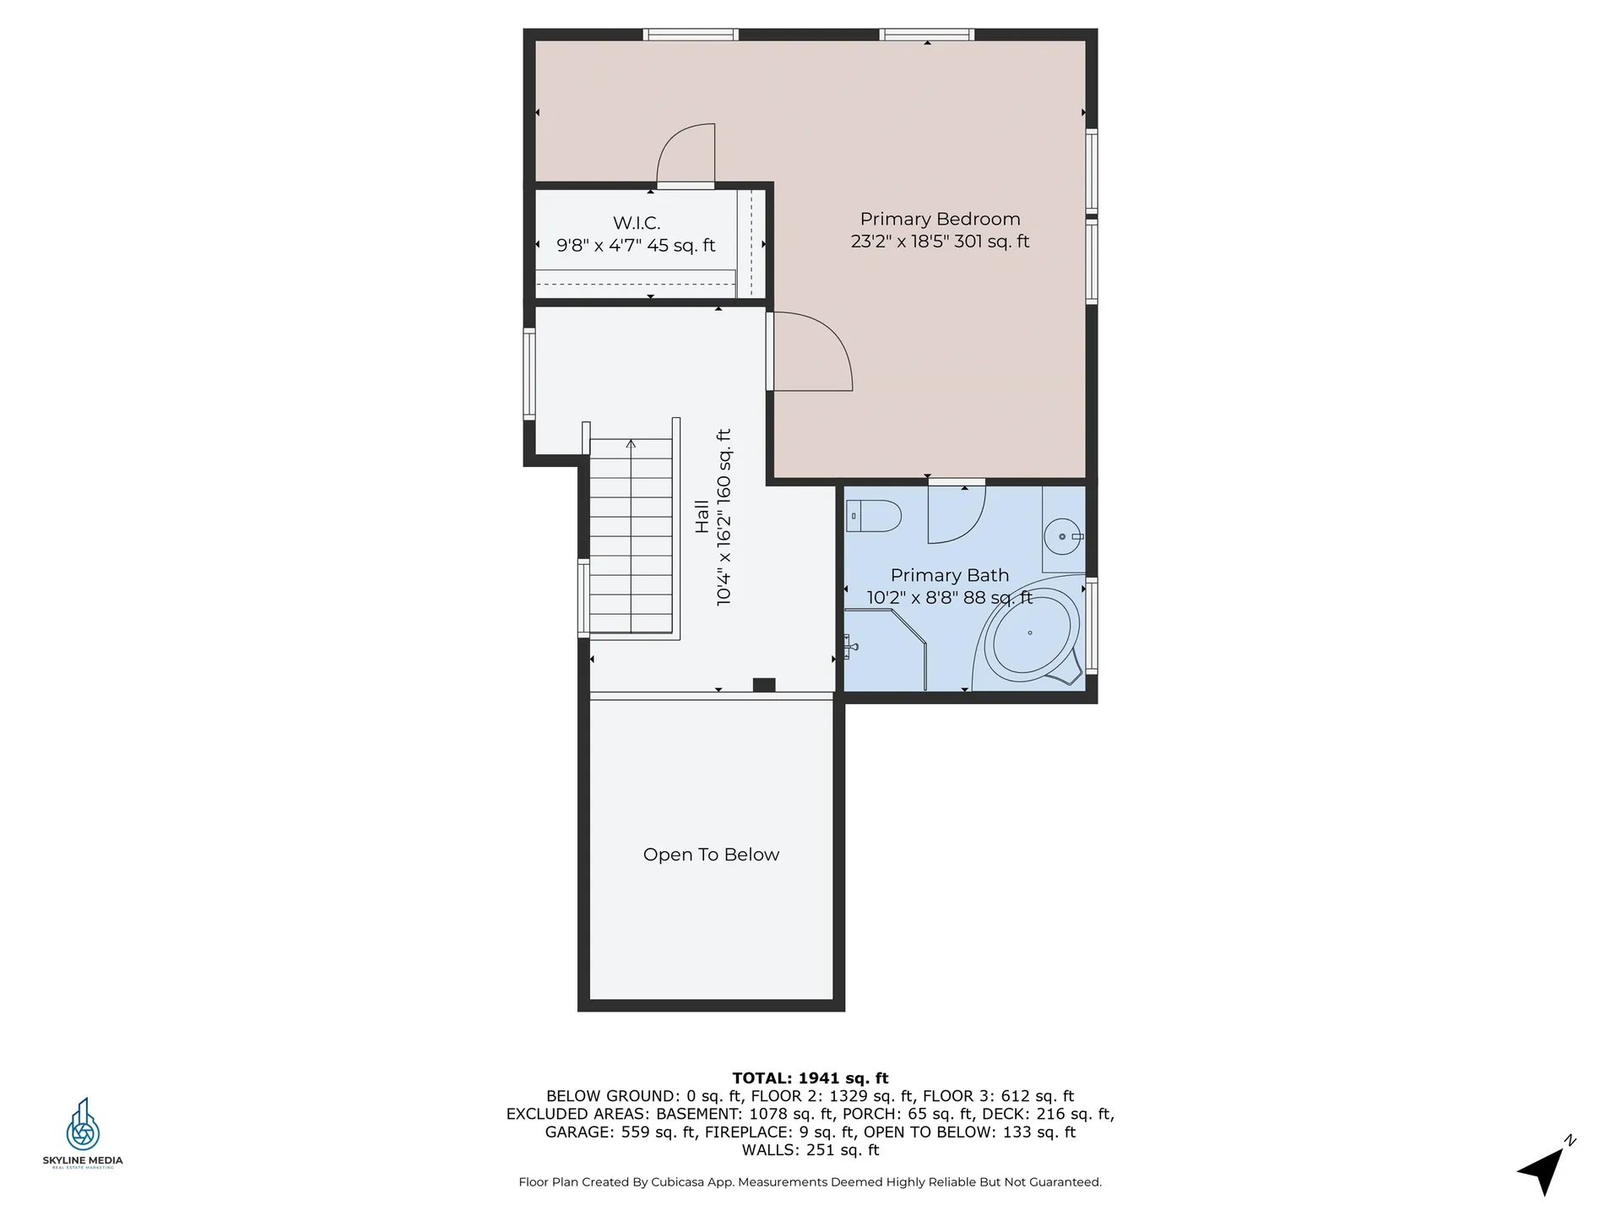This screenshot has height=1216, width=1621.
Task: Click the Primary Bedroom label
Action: click(940, 220)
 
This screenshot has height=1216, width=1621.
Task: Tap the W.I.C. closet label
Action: click(637, 223)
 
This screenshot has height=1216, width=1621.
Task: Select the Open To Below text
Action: click(711, 855)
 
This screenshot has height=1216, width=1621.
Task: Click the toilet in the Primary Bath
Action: click(875, 515)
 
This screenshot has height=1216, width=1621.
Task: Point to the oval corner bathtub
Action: click(1031, 632)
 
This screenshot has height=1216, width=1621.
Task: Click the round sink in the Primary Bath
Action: click(1062, 536)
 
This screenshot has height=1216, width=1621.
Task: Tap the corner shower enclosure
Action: click(882, 659)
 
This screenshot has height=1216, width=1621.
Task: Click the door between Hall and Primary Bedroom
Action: click(810, 353)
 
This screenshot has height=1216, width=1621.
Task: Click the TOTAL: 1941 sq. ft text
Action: click(810, 1078)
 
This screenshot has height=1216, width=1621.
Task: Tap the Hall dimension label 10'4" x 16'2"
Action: click(724, 517)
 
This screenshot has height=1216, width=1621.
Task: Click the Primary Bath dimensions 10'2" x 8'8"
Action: click(949, 598)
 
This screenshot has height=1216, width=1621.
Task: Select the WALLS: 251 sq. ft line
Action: click(810, 1150)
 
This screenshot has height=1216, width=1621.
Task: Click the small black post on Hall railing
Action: click(764, 685)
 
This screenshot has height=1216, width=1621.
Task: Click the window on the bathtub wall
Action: click(1091, 625)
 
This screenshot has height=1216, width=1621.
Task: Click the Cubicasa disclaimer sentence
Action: click(810, 1182)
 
